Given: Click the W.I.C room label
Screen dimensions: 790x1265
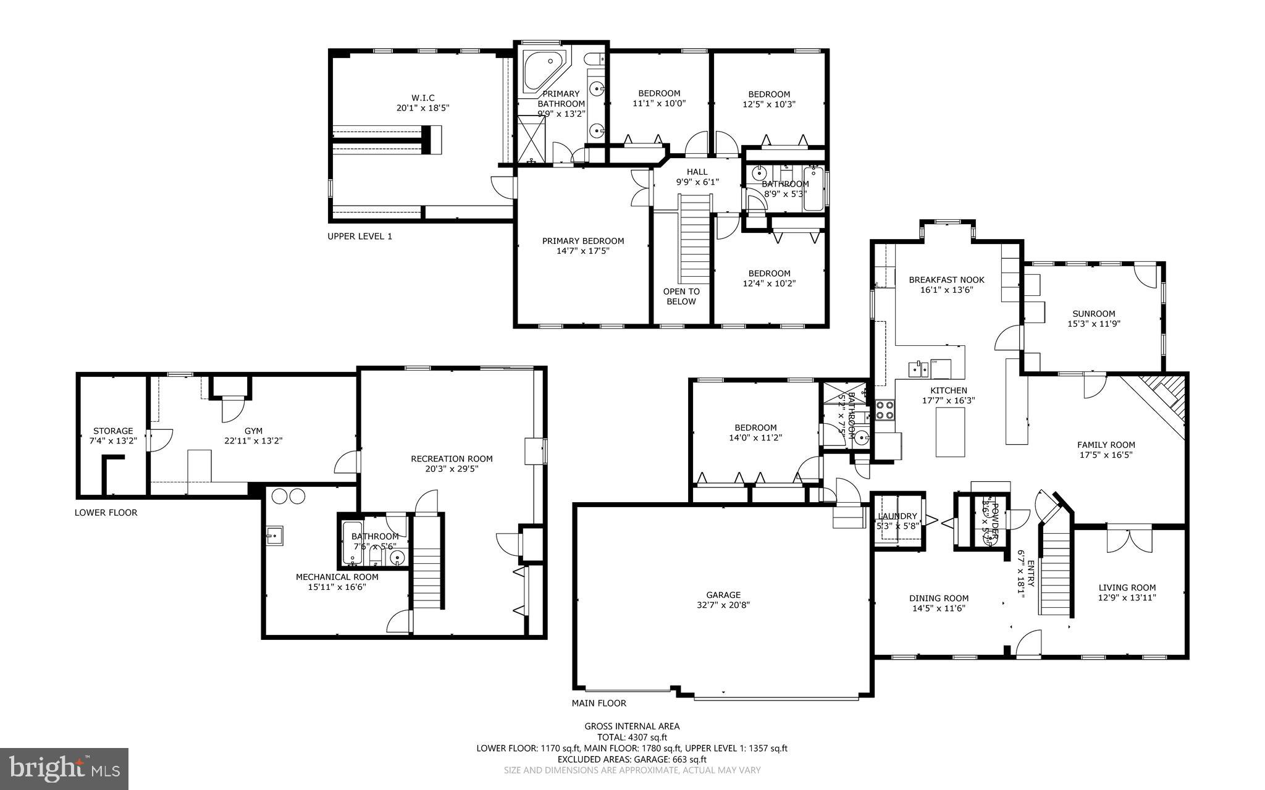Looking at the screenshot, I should coord(423,98).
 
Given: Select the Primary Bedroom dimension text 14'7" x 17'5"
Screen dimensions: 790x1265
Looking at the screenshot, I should coord(583,251).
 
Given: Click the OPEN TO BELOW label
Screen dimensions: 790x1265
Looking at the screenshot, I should coord(681,296).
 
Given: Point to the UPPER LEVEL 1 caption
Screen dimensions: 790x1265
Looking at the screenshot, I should coord(359,236).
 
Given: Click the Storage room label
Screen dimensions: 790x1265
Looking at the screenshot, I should coord(113,431).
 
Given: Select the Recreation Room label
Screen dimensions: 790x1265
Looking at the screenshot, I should coord(452,458).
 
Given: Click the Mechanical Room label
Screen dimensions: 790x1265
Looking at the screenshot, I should coord(337,577).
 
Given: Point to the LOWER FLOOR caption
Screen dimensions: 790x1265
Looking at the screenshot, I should coord(106,512).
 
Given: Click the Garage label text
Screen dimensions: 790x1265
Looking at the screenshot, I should coord(723,595).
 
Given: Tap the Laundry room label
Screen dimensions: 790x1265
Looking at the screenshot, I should coord(897,516).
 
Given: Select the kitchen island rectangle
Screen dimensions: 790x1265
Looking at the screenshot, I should coord(949,432).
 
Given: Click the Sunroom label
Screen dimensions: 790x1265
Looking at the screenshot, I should coord(1093,313).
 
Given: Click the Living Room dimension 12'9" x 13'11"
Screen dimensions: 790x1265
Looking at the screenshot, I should coord(1127,597).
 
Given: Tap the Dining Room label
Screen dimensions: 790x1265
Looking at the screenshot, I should coord(938,598).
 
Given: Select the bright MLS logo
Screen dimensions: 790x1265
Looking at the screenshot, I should coord(64,768).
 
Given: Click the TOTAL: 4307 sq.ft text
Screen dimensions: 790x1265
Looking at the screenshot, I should coord(632,737).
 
